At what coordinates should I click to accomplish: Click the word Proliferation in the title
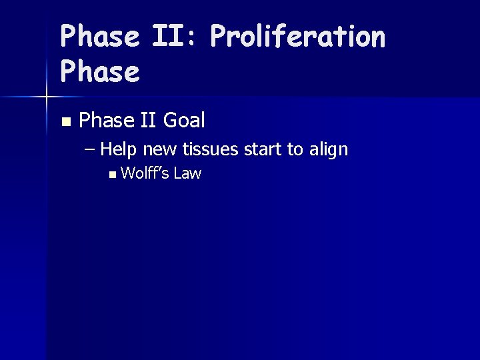[297, 37]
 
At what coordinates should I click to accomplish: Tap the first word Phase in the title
[100, 37]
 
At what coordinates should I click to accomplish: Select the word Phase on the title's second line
[100, 72]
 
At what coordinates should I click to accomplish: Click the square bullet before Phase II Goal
[65, 122]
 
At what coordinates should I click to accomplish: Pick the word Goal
[184, 121]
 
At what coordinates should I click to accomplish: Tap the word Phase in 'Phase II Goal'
[107, 121]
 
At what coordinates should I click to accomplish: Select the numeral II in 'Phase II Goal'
[148, 121]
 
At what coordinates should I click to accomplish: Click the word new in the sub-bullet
[160, 149]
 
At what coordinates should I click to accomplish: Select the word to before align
[295, 149]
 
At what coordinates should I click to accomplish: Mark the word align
[327, 149]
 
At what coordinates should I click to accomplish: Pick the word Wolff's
[145, 174]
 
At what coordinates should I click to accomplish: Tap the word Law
[187, 174]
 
